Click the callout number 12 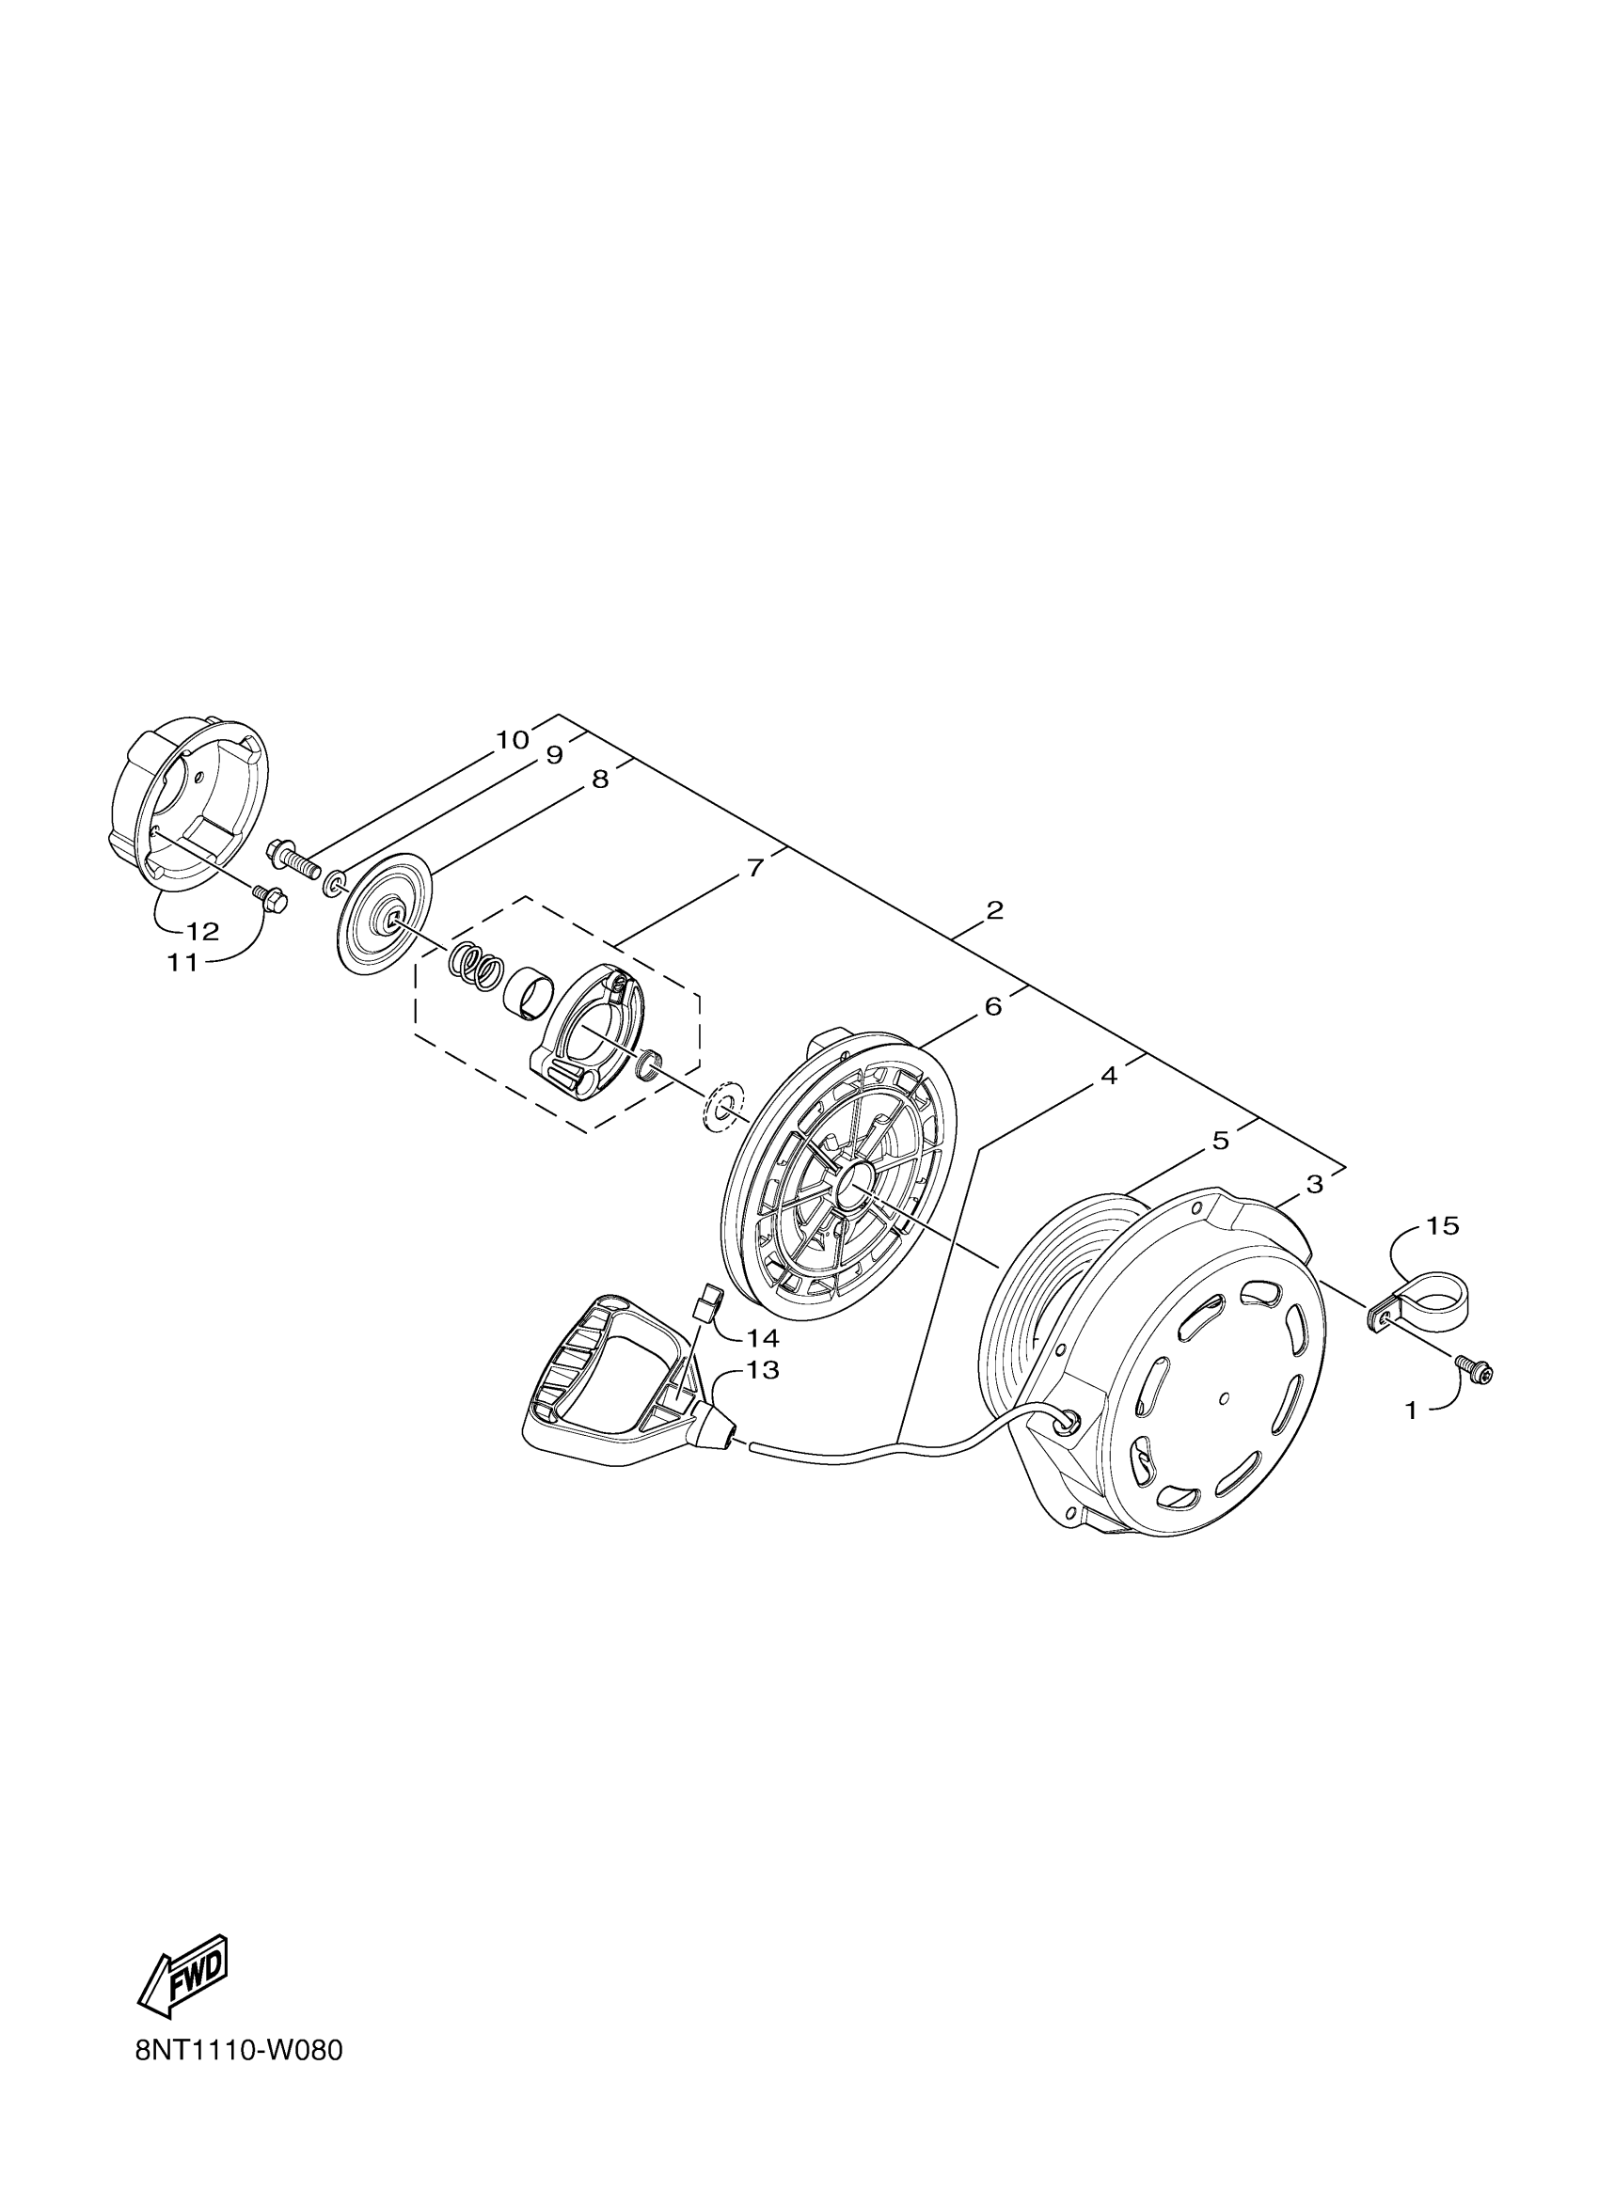pyautogui.click(x=202, y=931)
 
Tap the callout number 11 pyautogui.click(x=182, y=962)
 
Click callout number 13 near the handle pyautogui.click(x=763, y=1370)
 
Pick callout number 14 pyautogui.click(x=763, y=1339)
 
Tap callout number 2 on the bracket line pyautogui.click(x=993, y=911)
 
